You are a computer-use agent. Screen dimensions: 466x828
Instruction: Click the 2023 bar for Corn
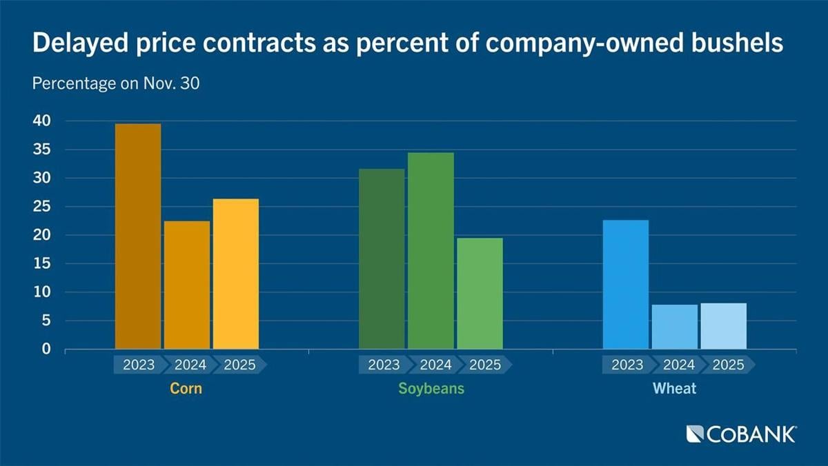pos(138,236)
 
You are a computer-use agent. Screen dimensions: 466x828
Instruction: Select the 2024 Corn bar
pos(187,285)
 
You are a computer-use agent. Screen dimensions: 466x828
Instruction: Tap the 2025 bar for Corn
pos(236,274)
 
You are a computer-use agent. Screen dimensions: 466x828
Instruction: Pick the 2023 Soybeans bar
pos(382,259)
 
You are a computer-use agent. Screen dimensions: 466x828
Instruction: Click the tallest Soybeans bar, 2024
pos(431,250)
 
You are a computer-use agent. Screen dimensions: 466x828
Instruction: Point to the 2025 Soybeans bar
pos(480,293)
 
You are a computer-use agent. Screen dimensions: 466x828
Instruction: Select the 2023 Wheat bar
pos(626,284)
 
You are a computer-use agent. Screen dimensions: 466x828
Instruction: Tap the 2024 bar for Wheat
pos(675,326)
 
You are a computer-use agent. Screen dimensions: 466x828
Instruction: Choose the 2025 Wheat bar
pos(723,325)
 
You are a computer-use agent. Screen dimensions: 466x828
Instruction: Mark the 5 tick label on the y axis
pos(46,321)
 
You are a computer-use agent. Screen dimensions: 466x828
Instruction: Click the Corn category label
pos(186,389)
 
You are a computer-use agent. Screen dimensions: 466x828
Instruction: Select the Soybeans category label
pos(431,389)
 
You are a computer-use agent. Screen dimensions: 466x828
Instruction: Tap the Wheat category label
pos(675,389)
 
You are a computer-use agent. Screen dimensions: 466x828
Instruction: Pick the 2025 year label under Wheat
pos(728,365)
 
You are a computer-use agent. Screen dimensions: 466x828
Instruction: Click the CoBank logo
pos(742,434)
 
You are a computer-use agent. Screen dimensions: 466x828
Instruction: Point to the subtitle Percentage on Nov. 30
pos(117,83)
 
